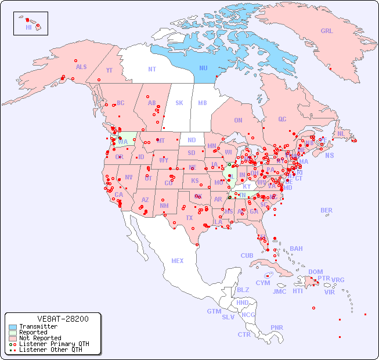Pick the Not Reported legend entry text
click(40, 338)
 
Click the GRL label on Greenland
click(327, 31)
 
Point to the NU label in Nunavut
click(203, 68)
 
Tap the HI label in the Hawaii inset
click(28, 27)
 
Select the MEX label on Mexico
click(178, 261)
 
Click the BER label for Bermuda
click(326, 210)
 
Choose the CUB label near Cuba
click(247, 255)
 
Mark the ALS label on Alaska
click(81, 67)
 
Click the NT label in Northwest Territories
click(151, 69)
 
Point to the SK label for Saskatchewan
click(179, 103)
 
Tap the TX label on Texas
click(189, 218)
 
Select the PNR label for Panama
click(277, 327)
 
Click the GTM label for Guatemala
click(214, 311)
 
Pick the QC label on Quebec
click(282, 119)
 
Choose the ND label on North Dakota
click(192, 140)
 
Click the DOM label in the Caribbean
click(315, 272)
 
